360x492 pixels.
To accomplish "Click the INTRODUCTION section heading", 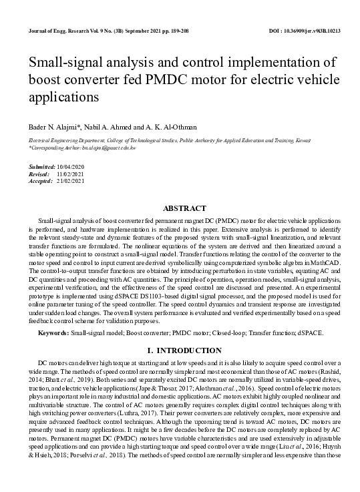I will tap(184, 350).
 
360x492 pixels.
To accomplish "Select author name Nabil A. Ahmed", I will tap(106, 127).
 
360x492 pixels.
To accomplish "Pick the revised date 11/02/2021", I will tap(71, 173).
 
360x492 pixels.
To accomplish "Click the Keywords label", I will tap(53, 332).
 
